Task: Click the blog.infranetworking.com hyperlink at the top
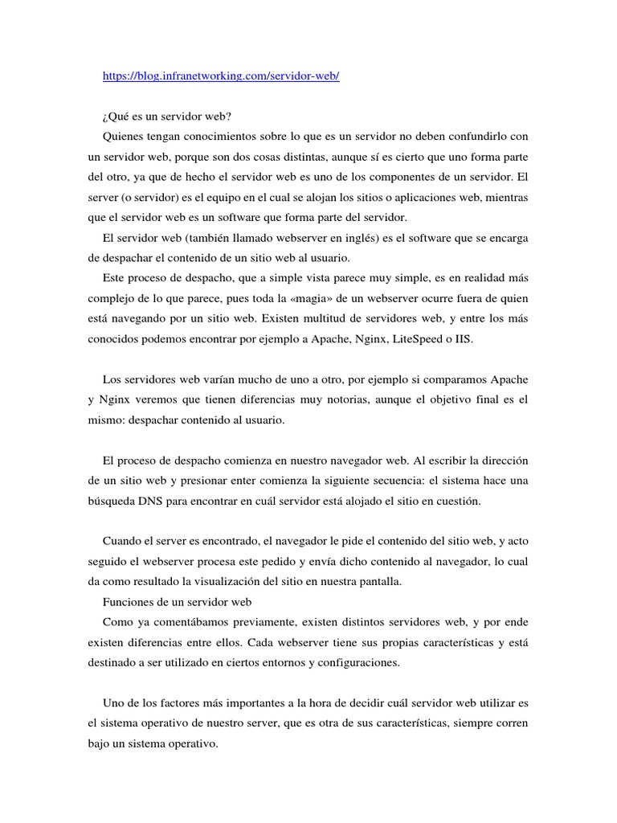tap(222, 76)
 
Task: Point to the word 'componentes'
tap(415, 177)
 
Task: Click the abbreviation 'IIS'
tap(464, 340)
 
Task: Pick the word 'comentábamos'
tap(203, 623)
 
